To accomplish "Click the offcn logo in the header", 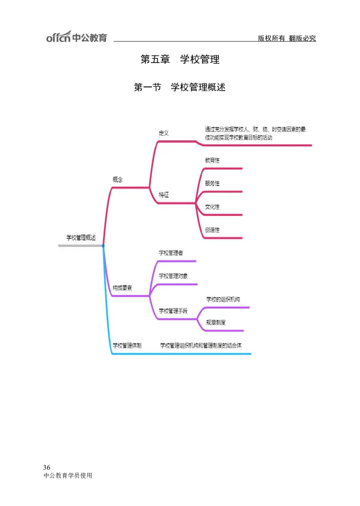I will (x=76, y=37).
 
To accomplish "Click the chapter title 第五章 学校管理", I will (x=180, y=59).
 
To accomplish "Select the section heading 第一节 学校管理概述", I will (x=180, y=87).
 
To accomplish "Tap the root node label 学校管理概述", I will (x=81, y=238).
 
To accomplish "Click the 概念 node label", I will (x=117, y=179).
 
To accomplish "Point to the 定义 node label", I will (x=163, y=133).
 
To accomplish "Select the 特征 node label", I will (x=163, y=195).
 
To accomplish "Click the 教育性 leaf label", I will (x=212, y=160).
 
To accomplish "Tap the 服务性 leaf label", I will (x=212, y=183).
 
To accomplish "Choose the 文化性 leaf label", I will (x=212, y=207).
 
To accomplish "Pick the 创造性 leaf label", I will (x=212, y=230).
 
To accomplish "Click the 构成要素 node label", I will (x=122, y=288).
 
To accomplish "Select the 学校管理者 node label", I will (x=171, y=253).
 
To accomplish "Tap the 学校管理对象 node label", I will (x=173, y=276).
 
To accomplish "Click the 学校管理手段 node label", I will (x=173, y=311).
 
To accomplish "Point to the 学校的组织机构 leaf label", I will (x=226, y=299).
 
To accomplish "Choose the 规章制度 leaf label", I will (x=216, y=322).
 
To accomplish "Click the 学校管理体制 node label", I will (x=127, y=346).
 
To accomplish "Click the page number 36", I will (x=47, y=466).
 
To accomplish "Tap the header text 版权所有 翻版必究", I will (x=287, y=39).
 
